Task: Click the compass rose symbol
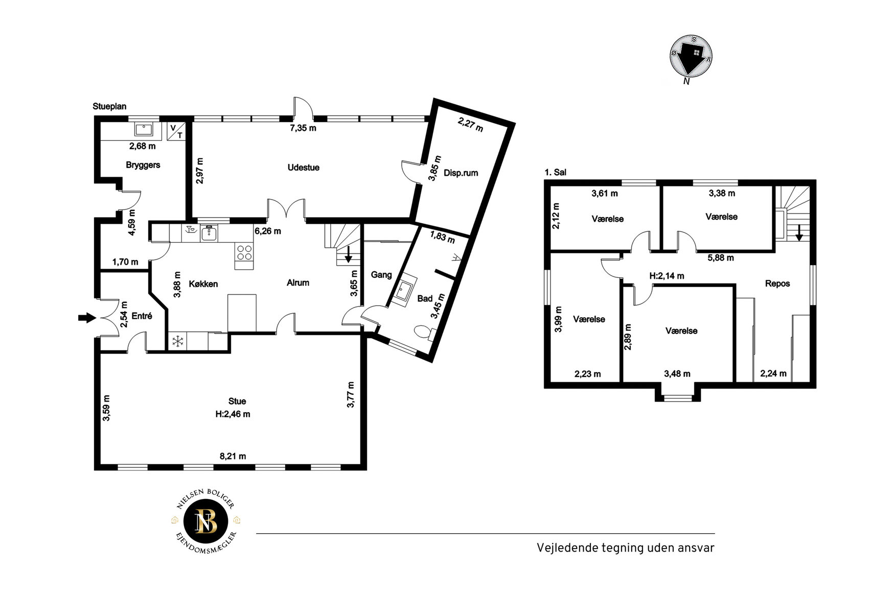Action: coord(691,57)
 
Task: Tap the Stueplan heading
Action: coord(109,106)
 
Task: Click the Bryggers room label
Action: coord(143,165)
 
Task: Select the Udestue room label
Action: coord(304,168)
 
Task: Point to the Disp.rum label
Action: coord(461,173)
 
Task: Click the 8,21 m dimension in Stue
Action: coord(233,456)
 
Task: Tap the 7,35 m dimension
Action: coord(303,128)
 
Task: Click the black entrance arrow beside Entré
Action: coord(87,318)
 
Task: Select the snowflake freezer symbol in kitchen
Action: coord(177,341)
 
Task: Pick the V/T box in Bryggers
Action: coord(176,131)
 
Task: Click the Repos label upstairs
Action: coord(777,283)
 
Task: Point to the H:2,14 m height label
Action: coord(667,276)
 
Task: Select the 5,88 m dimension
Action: coord(721,258)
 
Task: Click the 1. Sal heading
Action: coord(556,173)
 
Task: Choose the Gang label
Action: coord(381,275)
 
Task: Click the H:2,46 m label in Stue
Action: coord(233,414)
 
